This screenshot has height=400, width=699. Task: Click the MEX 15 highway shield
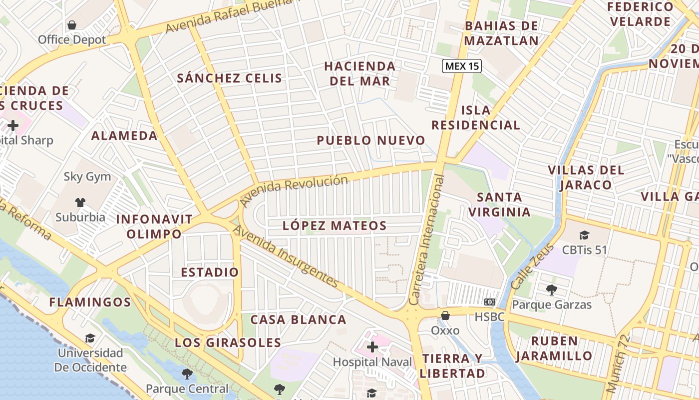coord(461,66)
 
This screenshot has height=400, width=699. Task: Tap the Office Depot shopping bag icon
coord(72,25)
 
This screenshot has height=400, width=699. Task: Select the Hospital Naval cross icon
coord(372,347)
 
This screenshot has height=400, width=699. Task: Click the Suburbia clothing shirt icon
coord(80,202)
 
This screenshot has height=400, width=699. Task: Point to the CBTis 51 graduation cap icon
coord(584,235)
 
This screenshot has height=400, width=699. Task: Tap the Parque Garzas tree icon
coord(551,289)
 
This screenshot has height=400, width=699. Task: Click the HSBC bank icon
coord(489,302)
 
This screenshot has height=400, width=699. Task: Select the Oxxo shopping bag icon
coord(445,315)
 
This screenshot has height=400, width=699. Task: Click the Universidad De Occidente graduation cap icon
coord(90,338)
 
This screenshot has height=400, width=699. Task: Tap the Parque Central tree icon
coord(187,373)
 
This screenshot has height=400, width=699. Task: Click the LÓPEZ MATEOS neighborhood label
coord(335,225)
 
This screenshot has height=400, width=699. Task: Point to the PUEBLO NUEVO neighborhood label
coord(371,140)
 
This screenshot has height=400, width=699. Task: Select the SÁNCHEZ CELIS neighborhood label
coord(230,78)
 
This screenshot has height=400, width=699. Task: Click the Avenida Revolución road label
coord(294,189)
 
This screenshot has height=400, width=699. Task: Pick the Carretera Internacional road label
coord(427,240)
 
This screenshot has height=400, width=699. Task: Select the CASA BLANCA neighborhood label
coord(298,319)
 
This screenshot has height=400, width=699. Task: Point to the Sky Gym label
coord(87,176)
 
